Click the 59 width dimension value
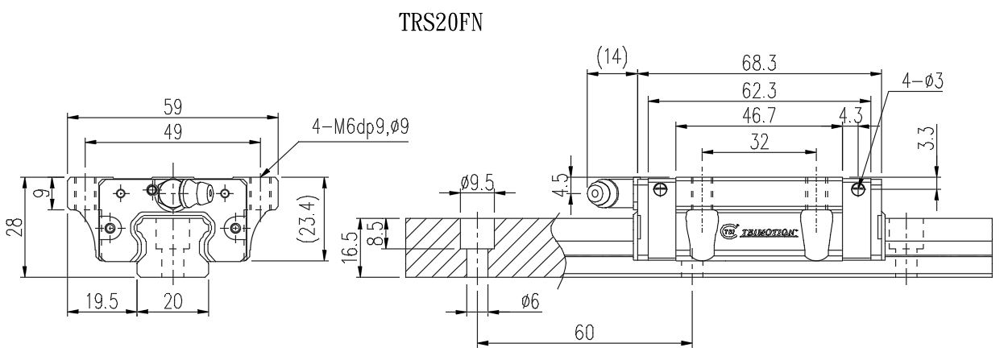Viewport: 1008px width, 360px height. tap(172, 106)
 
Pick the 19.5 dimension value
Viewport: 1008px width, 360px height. tap(102, 302)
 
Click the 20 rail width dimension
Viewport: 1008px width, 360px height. tap(172, 302)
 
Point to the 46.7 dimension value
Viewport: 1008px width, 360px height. tap(757, 116)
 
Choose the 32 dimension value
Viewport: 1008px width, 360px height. tap(758, 142)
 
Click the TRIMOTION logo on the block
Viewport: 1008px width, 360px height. tap(757, 232)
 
